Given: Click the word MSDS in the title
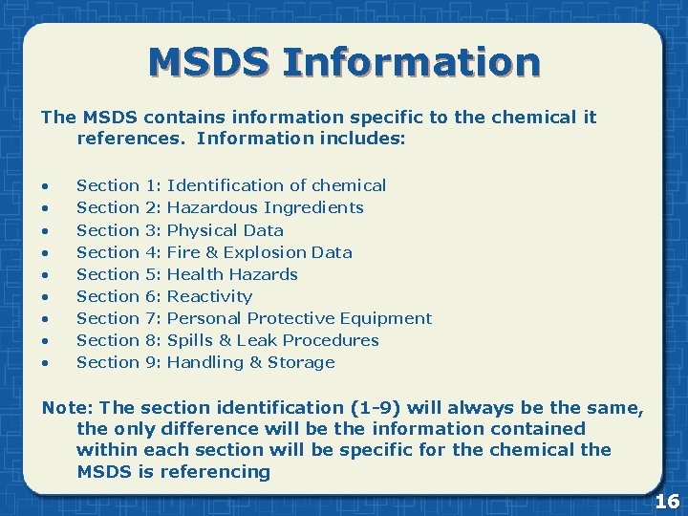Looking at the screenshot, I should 209,62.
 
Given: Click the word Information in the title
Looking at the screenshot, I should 412,62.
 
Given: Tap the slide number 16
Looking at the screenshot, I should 667,501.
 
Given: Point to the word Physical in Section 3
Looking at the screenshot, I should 202,230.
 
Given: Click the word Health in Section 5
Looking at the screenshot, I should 194,274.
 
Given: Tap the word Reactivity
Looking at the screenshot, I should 209,296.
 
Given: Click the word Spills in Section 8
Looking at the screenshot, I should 190,340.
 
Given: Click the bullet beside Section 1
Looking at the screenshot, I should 45,186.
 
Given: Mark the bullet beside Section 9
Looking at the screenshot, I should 45,363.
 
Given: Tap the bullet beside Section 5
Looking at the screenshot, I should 45,275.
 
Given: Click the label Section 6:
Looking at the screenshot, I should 119,296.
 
